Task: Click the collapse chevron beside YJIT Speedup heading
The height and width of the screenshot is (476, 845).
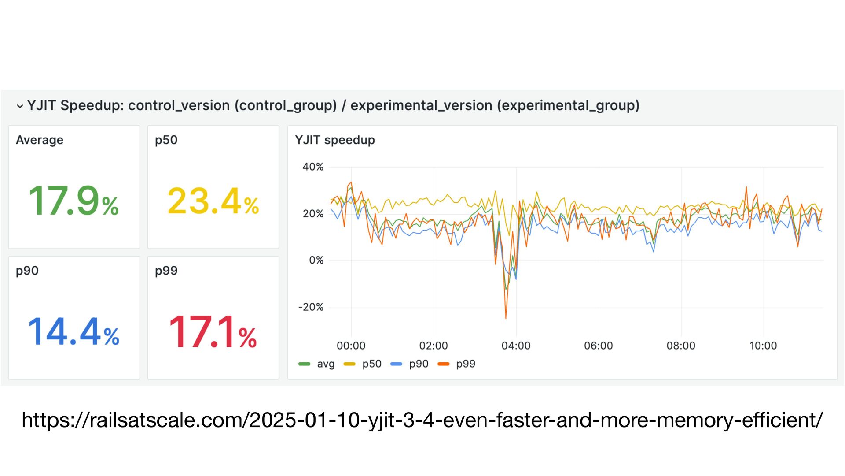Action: tap(20, 106)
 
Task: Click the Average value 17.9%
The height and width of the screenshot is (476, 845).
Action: tap(73, 201)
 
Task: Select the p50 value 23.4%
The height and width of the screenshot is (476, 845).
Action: tap(213, 201)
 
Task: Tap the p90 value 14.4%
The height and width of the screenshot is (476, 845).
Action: tap(73, 332)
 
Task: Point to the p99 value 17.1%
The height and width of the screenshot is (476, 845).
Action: tap(213, 332)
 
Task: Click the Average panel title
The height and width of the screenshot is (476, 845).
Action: tap(40, 140)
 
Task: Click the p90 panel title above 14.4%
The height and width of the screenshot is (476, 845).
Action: tap(27, 271)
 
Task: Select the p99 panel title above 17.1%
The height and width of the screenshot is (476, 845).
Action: tap(166, 271)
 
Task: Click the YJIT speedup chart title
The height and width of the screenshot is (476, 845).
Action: tap(335, 140)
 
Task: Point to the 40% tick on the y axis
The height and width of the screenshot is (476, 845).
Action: tap(313, 167)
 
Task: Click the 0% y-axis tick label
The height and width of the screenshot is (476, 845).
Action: tap(316, 260)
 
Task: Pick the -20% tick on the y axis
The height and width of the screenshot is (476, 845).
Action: tap(311, 307)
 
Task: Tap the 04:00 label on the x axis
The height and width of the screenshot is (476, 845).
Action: tap(516, 346)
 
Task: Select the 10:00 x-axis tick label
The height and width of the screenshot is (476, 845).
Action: tap(763, 346)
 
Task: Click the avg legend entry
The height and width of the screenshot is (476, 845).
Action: tap(317, 364)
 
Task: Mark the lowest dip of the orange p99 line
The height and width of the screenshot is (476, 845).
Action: tap(506, 318)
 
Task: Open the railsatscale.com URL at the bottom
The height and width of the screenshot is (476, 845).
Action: tap(422, 420)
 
